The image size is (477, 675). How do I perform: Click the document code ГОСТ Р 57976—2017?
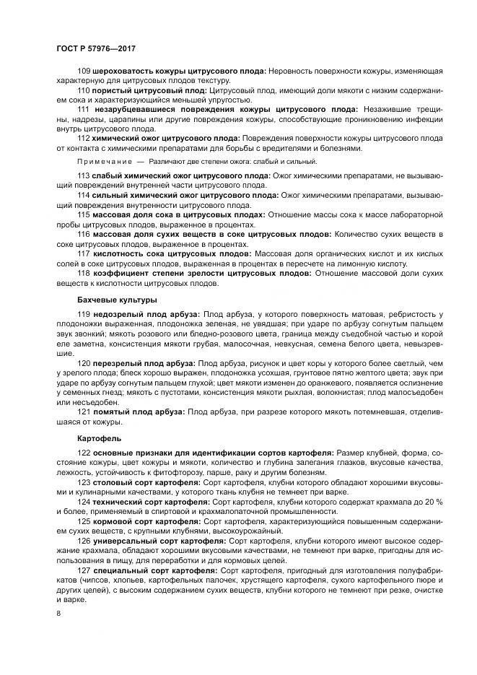click(x=96, y=49)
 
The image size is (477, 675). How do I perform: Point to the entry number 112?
click(x=83, y=138)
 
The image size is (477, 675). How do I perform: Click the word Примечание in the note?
click(x=104, y=162)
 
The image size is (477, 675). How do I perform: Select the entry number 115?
click(x=83, y=214)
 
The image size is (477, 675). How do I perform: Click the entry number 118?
click(x=83, y=275)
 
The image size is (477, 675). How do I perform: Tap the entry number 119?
click(x=83, y=315)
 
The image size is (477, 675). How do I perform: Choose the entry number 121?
click(x=83, y=410)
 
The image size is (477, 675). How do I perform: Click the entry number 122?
click(x=83, y=452)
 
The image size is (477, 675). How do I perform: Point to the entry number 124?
click(x=83, y=501)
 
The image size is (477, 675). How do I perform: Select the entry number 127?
click(x=83, y=570)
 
